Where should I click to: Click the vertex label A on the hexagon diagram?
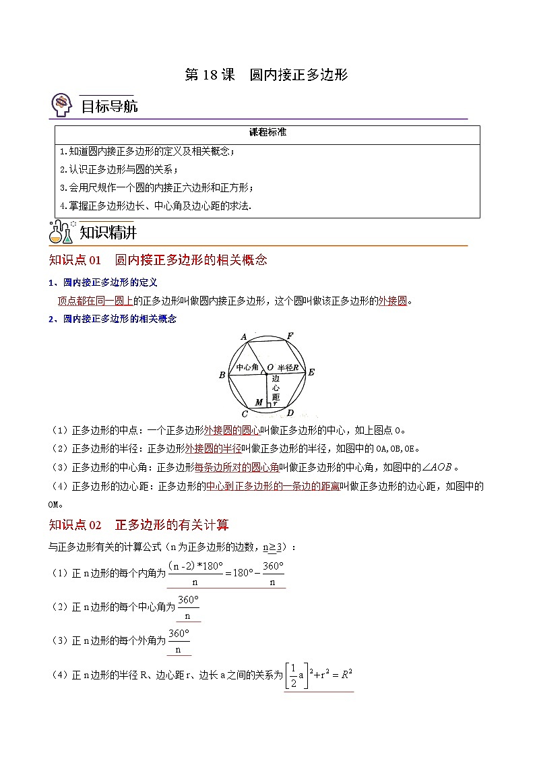click(243, 336)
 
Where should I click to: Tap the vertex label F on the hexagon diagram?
click(290, 336)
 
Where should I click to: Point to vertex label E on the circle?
click(311, 372)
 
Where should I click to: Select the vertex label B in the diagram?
click(222, 375)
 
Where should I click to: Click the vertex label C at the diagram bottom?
click(244, 413)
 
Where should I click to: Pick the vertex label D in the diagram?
click(290, 413)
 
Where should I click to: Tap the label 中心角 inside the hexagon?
click(247, 367)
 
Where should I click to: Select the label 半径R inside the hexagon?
click(288, 367)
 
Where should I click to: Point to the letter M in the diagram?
click(259, 402)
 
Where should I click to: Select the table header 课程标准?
click(267, 133)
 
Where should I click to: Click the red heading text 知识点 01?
click(75, 260)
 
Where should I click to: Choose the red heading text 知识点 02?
click(75, 525)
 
